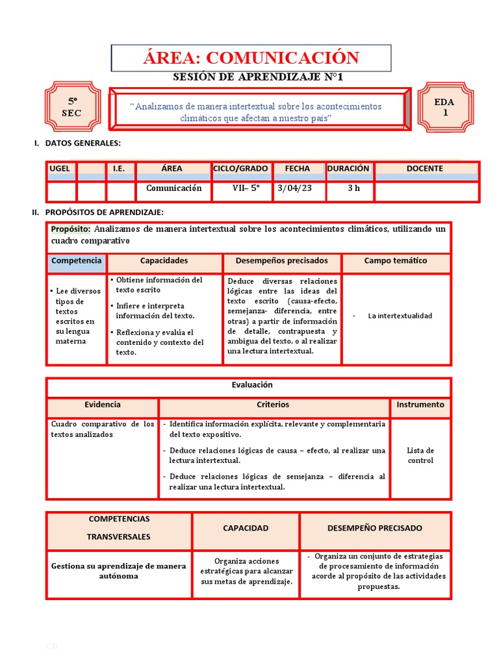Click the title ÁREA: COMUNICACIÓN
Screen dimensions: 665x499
click(x=251, y=58)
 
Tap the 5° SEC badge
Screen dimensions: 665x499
click(x=73, y=108)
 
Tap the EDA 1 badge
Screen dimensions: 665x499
click(x=445, y=107)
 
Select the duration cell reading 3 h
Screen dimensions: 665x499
click(x=353, y=188)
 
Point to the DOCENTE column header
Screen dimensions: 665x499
click(x=425, y=169)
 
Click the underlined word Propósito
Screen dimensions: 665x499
click(x=71, y=229)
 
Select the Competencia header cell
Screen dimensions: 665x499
click(x=77, y=261)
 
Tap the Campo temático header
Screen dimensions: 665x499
click(x=396, y=261)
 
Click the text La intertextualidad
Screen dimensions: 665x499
click(x=400, y=316)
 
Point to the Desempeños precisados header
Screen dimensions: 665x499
click(x=281, y=261)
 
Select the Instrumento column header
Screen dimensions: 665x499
click(x=420, y=405)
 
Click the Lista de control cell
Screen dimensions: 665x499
click(x=420, y=455)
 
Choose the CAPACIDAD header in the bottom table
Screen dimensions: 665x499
click(x=246, y=528)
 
